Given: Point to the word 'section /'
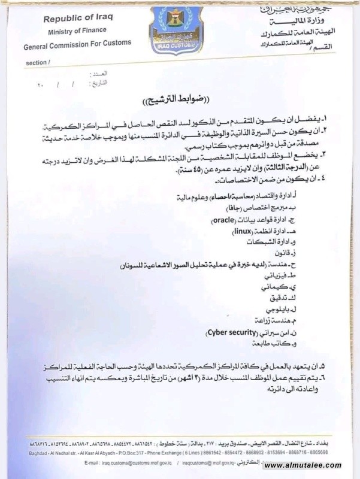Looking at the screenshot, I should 37,62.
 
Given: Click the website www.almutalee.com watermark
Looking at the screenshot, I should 302,465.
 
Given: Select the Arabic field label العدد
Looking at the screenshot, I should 98,74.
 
